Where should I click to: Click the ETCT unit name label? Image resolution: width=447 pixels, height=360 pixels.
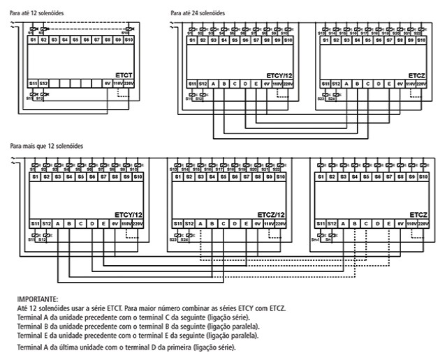coord(125,74)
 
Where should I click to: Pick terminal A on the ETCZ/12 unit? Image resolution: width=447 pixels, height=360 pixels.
coord(201,223)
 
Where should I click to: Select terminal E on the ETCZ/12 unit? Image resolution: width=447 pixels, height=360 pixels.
coord(246,223)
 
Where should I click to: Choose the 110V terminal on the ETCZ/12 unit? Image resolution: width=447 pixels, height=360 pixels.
coord(269,223)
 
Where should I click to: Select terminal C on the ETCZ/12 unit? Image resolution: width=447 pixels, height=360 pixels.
coord(223,223)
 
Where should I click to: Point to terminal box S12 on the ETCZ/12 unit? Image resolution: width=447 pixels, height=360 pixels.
coord(189,223)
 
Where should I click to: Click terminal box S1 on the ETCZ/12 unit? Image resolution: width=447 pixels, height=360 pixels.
coord(178,178)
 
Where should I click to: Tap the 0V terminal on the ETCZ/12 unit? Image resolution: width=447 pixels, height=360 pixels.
coord(258,223)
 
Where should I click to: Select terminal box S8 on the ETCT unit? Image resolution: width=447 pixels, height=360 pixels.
coord(107,40)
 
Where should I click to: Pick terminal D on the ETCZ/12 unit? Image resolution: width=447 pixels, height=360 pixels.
coord(235,223)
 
